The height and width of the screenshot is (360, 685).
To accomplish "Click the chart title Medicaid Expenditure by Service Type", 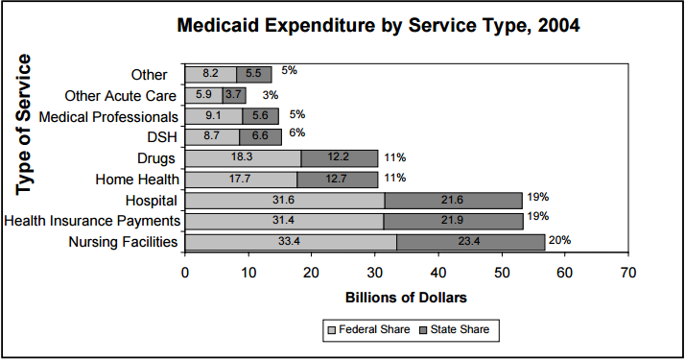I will [x=379, y=26].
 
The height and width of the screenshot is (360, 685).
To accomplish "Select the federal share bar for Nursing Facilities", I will [x=290, y=242].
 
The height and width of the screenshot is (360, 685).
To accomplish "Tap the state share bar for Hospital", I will [x=453, y=200].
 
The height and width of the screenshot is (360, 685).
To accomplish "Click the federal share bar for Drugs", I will [x=243, y=157].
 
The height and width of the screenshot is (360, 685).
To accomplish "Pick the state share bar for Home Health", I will [x=337, y=179].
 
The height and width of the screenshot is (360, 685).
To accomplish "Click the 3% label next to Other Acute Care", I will [x=271, y=94].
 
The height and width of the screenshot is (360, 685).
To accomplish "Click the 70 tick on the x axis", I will [x=628, y=273].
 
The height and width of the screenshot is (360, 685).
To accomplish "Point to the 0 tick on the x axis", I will [x=185, y=273].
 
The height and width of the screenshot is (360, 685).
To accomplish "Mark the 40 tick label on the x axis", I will [x=438, y=273].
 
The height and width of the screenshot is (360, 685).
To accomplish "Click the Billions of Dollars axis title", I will [x=406, y=297].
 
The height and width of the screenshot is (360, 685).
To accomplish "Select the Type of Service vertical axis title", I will [x=24, y=125].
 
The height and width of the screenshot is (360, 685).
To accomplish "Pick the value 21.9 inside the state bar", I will [x=453, y=221].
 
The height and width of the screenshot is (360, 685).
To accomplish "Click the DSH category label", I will [x=164, y=137].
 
